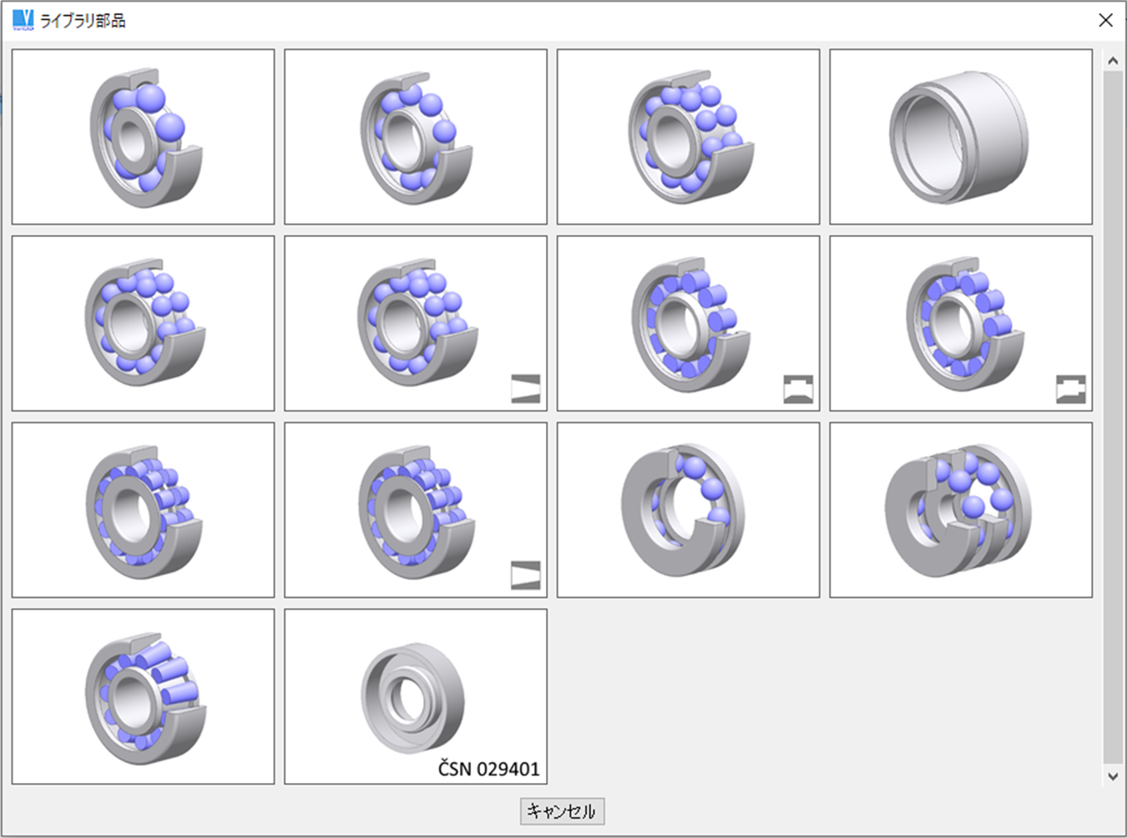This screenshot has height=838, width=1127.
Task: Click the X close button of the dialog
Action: (x=1105, y=20)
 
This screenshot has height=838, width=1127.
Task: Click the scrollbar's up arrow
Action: (x=1112, y=61)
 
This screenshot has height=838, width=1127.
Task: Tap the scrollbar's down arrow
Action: (x=1112, y=775)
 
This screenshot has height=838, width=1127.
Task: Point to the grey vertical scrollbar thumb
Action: (x=1112, y=417)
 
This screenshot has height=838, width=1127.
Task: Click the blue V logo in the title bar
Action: (x=23, y=19)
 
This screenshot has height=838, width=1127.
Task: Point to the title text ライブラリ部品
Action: (x=83, y=20)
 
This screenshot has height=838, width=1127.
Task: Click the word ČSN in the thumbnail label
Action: (x=454, y=769)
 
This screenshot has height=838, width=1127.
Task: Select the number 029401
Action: (x=508, y=769)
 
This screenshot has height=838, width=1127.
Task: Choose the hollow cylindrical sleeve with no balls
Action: (x=960, y=136)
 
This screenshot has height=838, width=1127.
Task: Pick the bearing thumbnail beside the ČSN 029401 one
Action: (x=143, y=696)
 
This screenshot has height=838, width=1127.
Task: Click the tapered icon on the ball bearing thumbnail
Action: (x=525, y=388)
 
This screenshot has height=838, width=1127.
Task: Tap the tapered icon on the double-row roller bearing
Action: (x=525, y=575)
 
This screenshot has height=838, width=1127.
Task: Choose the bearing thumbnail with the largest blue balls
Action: (x=143, y=136)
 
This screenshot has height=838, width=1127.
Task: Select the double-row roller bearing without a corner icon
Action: (x=143, y=509)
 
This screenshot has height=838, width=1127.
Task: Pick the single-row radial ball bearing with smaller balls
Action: (x=415, y=136)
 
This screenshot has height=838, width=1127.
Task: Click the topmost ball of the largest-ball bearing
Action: (x=150, y=98)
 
